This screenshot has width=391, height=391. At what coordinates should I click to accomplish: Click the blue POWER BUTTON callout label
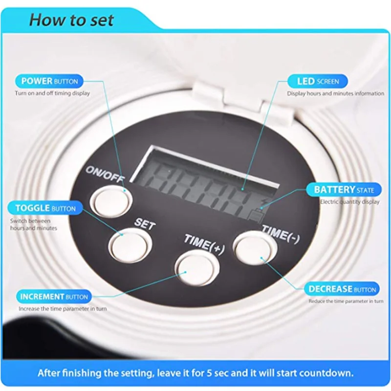pyautogui.click(x=49, y=81)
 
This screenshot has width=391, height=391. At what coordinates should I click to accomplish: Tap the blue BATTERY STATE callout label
pyautogui.click(x=341, y=190)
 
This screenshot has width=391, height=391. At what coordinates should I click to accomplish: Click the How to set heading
pyautogui.click(x=71, y=20)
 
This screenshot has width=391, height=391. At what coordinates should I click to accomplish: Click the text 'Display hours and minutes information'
pyautogui.click(x=335, y=93)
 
